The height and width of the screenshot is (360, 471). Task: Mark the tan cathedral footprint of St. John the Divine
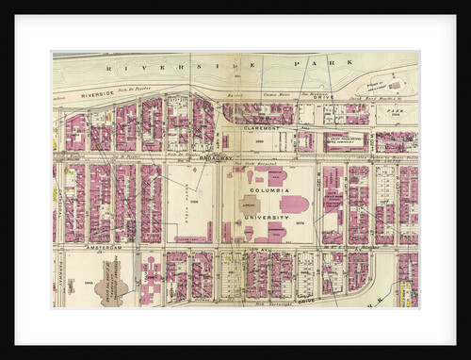tap(111, 286)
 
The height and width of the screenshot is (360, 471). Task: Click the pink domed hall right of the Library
tap(293, 205)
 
